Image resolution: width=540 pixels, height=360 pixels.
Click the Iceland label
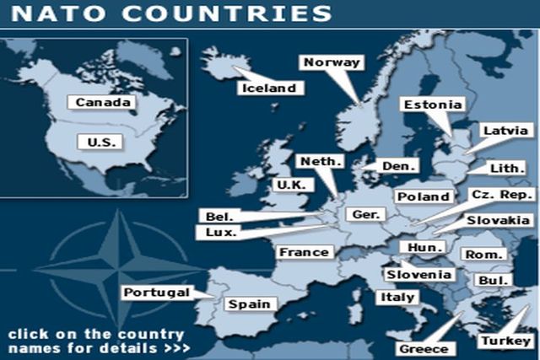pos(269,88)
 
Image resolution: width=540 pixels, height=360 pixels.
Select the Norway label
pos(332,62)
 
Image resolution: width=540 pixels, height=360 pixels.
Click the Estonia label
pos(433,105)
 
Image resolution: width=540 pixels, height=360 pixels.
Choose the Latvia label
pos(505,131)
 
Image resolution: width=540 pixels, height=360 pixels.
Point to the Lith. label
pos(507,168)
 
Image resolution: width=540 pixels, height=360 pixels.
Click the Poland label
pos(424,196)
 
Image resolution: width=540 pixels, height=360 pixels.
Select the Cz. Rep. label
pos(502,195)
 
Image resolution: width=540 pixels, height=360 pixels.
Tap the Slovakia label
pos(499,221)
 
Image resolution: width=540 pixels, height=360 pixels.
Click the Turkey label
pos(504,341)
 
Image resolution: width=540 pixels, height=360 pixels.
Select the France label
pos(304,251)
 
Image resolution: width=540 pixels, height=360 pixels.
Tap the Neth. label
pos(321,160)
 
